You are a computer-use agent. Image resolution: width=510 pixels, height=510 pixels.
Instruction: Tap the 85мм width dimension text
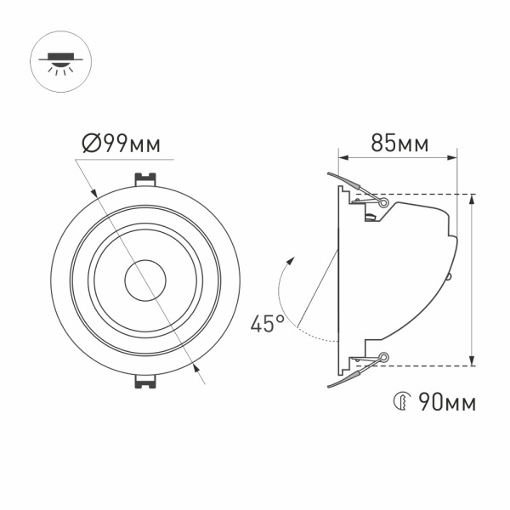(399, 144)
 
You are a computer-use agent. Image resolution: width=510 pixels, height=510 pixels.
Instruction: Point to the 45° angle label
(267, 324)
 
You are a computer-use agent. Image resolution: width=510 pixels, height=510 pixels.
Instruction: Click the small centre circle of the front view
(144, 280)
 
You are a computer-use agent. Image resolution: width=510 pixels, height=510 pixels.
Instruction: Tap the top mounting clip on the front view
(145, 181)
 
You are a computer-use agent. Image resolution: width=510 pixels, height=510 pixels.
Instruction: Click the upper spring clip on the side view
(350, 187)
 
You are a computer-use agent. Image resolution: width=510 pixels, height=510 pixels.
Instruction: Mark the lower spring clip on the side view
(350, 373)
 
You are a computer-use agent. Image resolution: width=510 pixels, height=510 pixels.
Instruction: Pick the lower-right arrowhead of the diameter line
(196, 367)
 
